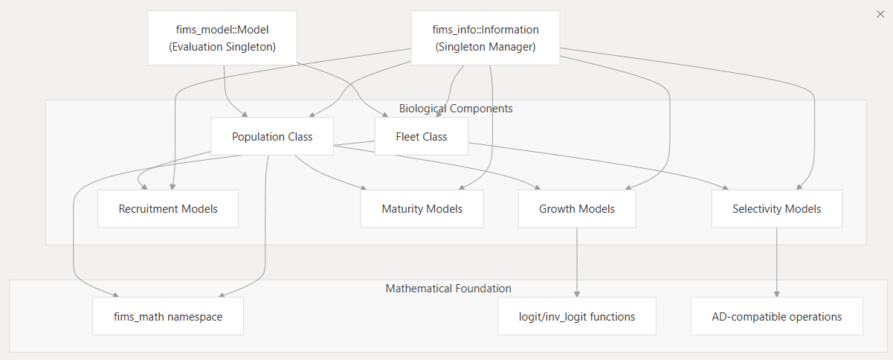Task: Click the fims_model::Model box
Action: pyautogui.click(x=222, y=37)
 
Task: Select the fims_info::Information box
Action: pyautogui.click(x=486, y=37)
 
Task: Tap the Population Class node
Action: pyautogui.click(x=272, y=136)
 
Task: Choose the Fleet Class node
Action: pyautogui.click(x=421, y=136)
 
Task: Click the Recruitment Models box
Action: pyautogui.click(x=168, y=208)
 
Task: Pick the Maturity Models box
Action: pyautogui.click(x=422, y=208)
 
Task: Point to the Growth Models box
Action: pyautogui.click(x=577, y=208)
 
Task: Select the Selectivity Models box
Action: pyautogui.click(x=776, y=208)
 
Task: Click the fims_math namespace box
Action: pyautogui.click(x=168, y=316)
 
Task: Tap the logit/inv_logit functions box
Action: pyautogui.click(x=577, y=316)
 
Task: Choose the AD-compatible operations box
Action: pyautogui.click(x=776, y=316)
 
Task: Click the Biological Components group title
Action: pyautogui.click(x=456, y=109)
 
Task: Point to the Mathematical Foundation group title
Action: pyautogui.click(x=448, y=288)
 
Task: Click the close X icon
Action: pyautogui.click(x=880, y=14)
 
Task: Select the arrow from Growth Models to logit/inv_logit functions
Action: pyautogui.click(x=577, y=260)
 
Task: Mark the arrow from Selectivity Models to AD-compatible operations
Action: pyautogui.click(x=777, y=260)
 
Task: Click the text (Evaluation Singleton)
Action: pyautogui.click(x=222, y=47)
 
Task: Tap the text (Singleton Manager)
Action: pyautogui.click(x=486, y=47)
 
